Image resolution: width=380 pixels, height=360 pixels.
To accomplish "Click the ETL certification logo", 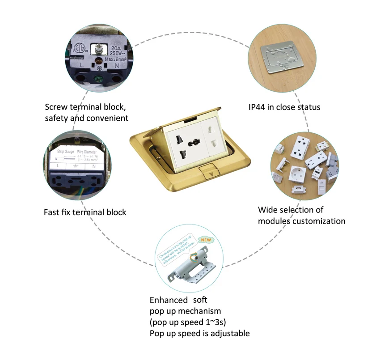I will (80, 48).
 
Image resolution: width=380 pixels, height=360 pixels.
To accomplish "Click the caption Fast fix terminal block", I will (85, 212).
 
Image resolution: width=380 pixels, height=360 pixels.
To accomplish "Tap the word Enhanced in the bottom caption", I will (169, 300).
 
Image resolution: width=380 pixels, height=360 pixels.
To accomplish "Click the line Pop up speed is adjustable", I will (199, 333).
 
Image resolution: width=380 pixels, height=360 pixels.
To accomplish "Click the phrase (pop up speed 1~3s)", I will (191, 322).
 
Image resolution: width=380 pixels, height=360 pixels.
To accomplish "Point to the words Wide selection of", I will (291, 210).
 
